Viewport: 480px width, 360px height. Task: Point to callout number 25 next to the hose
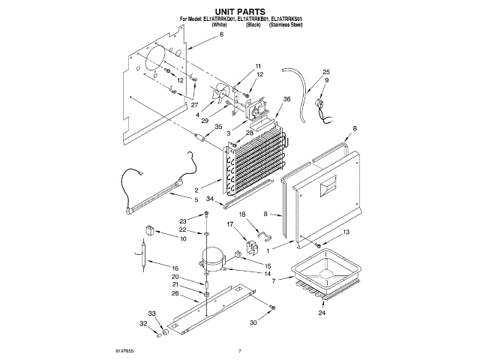tap(326, 72)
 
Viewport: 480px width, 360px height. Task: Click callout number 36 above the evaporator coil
tap(286, 100)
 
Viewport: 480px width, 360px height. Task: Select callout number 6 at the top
tap(200, 55)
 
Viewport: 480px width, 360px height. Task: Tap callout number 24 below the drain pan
tap(322, 313)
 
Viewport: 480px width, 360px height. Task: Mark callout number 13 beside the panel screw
tap(346, 233)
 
